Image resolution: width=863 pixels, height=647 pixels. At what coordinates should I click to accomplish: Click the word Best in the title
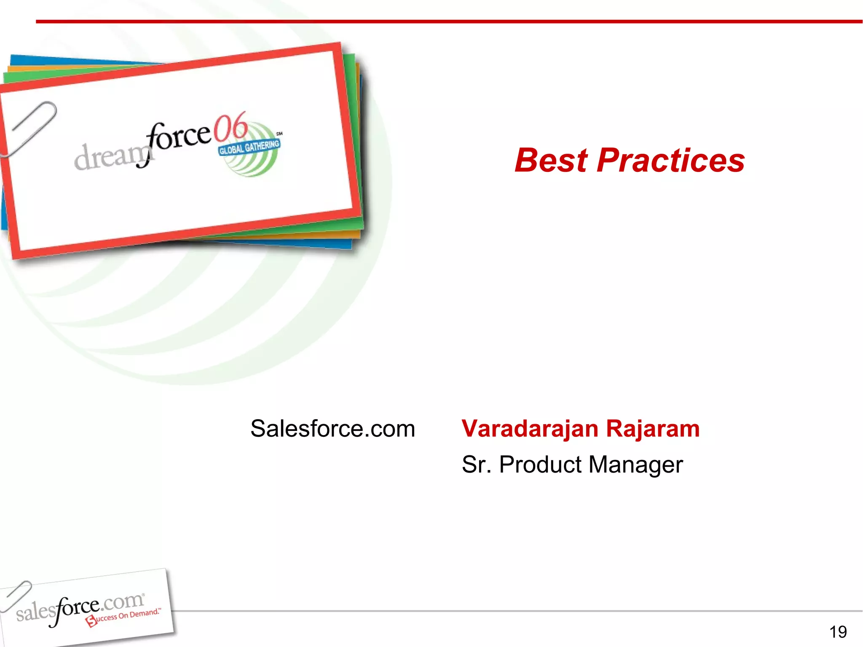[x=551, y=160]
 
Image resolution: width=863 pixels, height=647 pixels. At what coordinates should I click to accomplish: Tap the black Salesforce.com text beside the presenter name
[x=332, y=429]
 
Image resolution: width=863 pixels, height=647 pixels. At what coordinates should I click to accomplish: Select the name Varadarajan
[x=530, y=429]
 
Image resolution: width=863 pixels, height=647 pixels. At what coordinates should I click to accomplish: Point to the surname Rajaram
[x=653, y=429]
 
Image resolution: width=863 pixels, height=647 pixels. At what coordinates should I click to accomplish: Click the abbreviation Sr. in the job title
[x=476, y=465]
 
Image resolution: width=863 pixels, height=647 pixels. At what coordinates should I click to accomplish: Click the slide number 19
[x=838, y=632]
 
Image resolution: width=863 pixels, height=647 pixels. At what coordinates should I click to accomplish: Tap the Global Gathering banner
[x=249, y=147]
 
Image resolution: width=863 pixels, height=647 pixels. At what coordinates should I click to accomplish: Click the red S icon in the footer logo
[x=91, y=621]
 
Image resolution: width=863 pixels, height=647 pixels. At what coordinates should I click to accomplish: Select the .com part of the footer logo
[x=123, y=602]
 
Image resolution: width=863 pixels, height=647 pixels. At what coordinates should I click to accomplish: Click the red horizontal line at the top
[x=449, y=21]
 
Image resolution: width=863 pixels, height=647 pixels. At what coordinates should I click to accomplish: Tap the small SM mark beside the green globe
[x=279, y=134]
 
